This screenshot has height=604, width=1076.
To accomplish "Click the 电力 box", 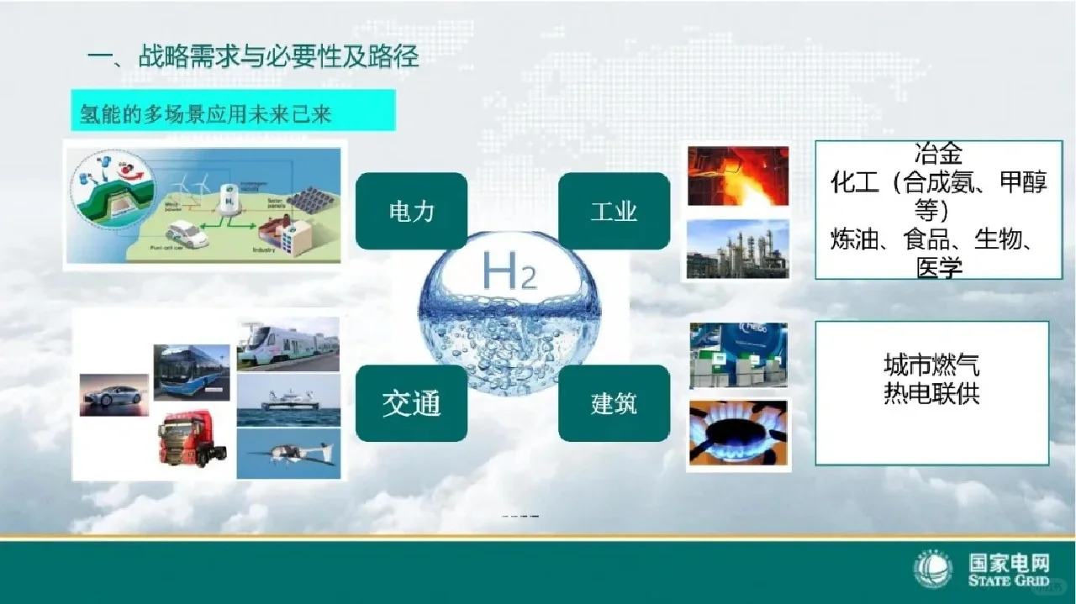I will point(411,211).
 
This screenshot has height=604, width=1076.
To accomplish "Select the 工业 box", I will point(614,211).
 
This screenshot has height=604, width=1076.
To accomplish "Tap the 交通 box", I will point(411,403).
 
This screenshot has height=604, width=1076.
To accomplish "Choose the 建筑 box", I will point(614,403).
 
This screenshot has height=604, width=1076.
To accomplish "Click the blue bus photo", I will point(192,371).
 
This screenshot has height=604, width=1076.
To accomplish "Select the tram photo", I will point(288,344).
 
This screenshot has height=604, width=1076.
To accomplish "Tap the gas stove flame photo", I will point(738,433).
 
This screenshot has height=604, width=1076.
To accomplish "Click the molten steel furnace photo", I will point(738,176).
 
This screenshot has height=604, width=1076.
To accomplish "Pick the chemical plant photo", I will point(738,249).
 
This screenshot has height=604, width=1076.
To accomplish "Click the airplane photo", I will point(288,454).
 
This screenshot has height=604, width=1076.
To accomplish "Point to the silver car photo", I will point(114,395).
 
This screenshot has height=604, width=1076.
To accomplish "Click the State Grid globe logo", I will point(933,570).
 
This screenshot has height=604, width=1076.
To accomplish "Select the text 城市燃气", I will point(931,365).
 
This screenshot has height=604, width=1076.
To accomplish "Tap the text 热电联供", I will point(931,393).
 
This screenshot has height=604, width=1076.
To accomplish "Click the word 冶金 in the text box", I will point(937,155).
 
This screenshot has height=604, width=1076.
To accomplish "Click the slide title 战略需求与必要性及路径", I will point(277,58).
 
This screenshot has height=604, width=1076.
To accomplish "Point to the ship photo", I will point(288,401).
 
